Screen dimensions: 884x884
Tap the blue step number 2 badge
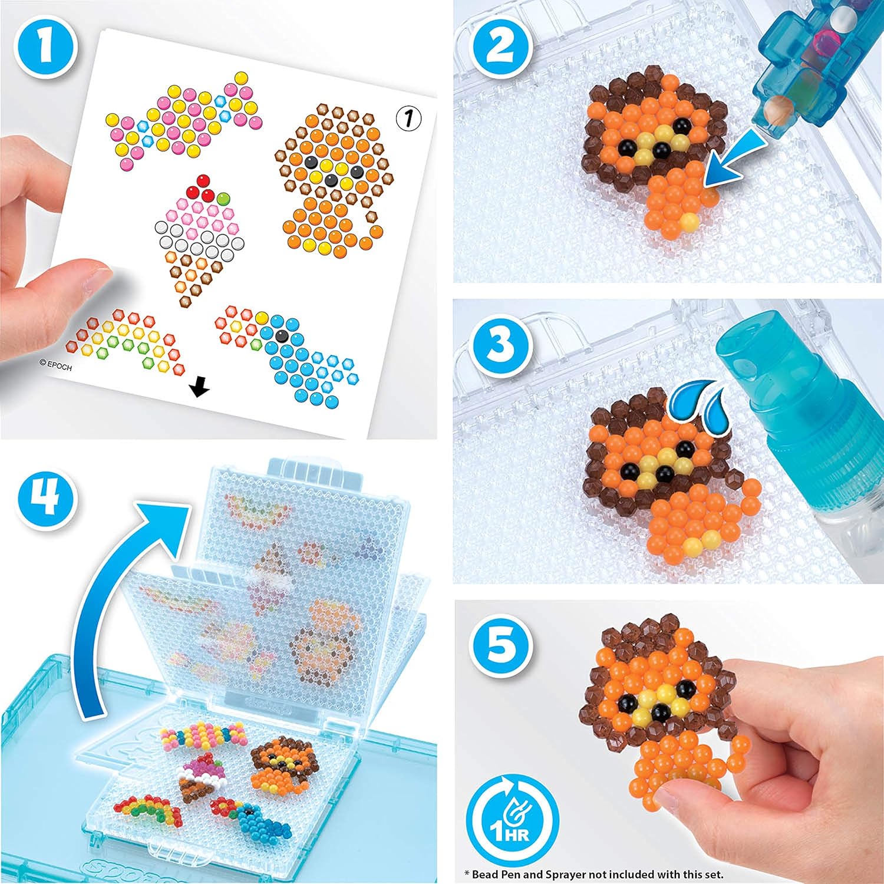coord(500,46)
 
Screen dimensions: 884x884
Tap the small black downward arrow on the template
coord(200,387)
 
